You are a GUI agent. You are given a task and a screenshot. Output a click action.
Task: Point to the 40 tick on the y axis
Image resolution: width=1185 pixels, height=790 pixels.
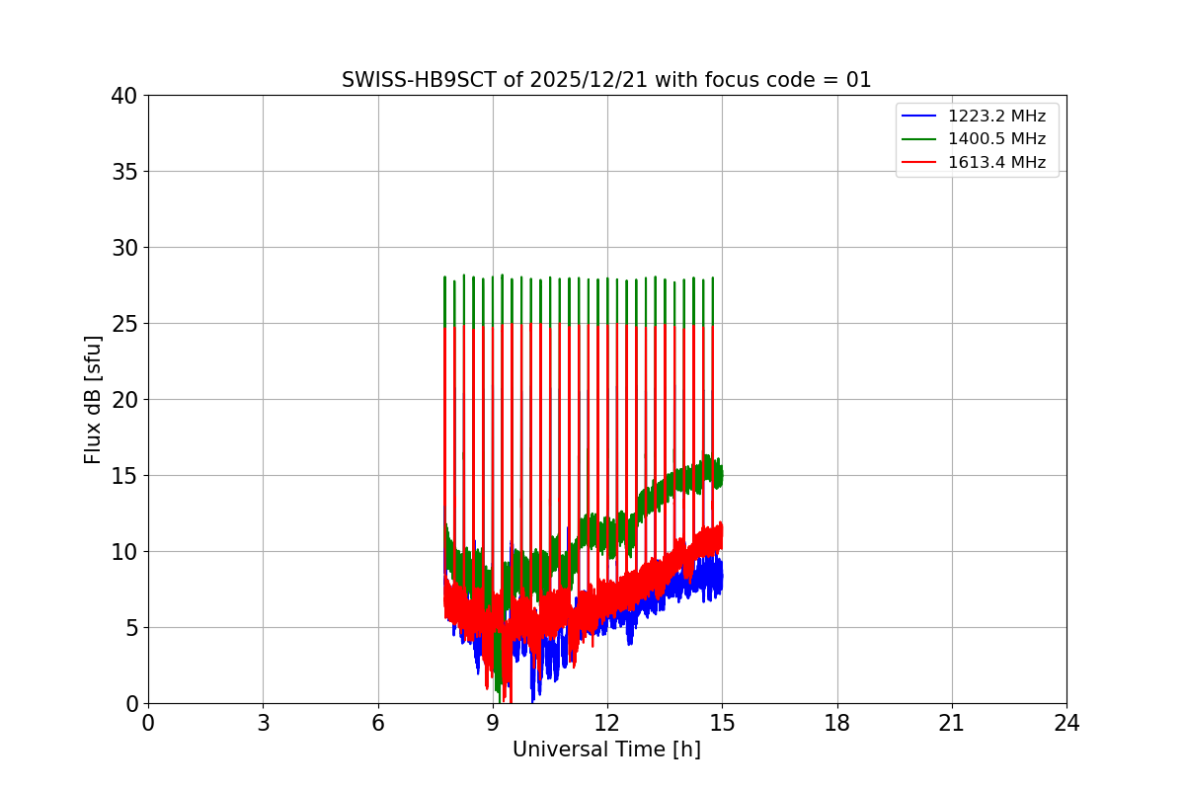point(123,96)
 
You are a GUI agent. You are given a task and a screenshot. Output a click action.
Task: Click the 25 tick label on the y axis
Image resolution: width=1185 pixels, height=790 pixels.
point(123,324)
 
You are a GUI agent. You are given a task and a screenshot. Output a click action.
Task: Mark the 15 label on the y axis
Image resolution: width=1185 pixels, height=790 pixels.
point(123,476)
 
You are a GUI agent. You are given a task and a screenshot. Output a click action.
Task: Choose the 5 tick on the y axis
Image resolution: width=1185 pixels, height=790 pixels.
point(129,628)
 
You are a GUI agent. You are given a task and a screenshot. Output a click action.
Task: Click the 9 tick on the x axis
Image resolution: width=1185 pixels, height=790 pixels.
point(493,723)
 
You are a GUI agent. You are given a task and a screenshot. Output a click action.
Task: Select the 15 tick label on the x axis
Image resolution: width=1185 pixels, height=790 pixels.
point(722,723)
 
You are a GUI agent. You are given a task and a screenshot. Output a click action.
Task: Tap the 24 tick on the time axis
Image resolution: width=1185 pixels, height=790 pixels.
point(1066,723)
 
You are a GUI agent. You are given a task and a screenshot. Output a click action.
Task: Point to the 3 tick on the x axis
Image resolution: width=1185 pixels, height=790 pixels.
point(263,723)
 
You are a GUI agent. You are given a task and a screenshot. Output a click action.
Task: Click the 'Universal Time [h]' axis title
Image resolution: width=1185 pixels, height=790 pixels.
point(606,750)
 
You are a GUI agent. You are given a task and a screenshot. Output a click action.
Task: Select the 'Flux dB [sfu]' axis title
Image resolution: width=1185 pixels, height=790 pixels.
point(93,399)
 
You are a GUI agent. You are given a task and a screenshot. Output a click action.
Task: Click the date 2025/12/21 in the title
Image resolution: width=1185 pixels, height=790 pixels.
point(588,80)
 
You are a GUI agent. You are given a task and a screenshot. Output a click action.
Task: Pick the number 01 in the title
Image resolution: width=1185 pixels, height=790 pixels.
point(857,80)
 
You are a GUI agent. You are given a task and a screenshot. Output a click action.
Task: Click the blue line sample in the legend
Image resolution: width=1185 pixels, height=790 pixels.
point(918,116)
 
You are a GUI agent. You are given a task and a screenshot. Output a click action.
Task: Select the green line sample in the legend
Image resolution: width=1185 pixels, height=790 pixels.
point(918,139)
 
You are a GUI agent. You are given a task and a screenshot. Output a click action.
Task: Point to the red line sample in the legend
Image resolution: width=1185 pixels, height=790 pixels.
point(918,162)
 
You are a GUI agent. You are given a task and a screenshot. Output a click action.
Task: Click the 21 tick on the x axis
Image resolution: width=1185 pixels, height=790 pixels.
point(952,723)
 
